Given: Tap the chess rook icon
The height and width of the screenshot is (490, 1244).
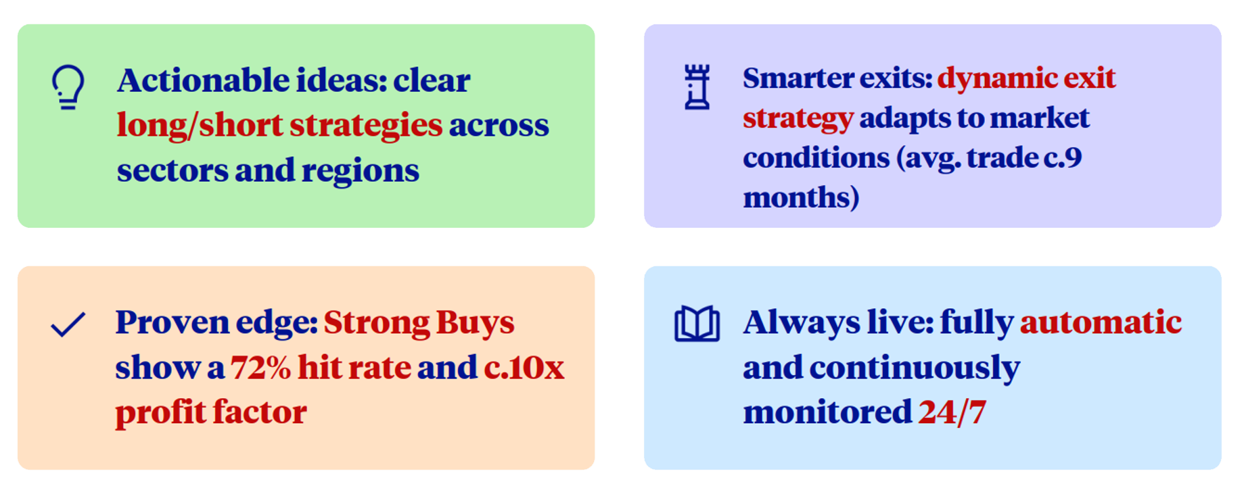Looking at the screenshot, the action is [697, 87].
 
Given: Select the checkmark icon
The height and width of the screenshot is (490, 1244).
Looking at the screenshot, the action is [68, 324].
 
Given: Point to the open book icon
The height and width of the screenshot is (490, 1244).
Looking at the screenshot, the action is [697, 324].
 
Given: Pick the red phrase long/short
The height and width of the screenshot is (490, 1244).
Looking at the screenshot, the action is [200, 125].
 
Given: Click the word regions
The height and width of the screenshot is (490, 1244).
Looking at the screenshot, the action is [360, 171].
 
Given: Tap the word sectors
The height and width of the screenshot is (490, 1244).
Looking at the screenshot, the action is [172, 170].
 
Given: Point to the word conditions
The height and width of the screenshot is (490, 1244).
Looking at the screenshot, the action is [816, 157].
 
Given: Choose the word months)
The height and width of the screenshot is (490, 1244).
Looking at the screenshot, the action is [802, 198].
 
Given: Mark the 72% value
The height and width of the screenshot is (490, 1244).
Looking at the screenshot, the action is [260, 368].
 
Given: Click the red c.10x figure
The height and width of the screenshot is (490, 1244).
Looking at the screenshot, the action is [524, 368].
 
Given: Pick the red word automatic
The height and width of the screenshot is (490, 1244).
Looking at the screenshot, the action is [1101, 322].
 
